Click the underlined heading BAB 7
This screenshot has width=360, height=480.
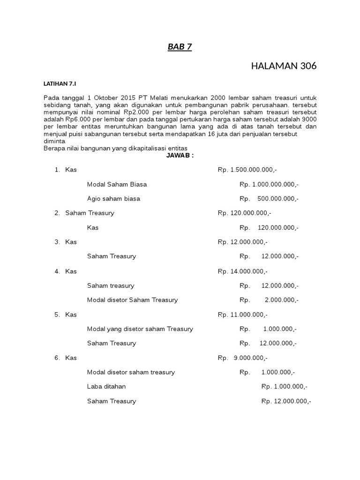(180, 47)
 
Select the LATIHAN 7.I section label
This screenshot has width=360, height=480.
(60, 83)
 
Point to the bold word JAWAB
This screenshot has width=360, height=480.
(180, 155)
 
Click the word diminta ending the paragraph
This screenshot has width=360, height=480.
(54, 141)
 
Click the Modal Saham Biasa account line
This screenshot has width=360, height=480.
(117, 184)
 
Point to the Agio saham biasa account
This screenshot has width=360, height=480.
(113, 199)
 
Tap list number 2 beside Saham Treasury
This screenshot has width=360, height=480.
(57, 213)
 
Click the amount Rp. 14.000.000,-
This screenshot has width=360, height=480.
(242, 271)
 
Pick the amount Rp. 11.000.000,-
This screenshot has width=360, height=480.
(242, 315)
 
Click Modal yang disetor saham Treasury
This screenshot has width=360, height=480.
(140, 329)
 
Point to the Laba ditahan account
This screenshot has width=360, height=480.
(106, 387)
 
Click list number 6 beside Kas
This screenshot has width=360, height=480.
(57, 358)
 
